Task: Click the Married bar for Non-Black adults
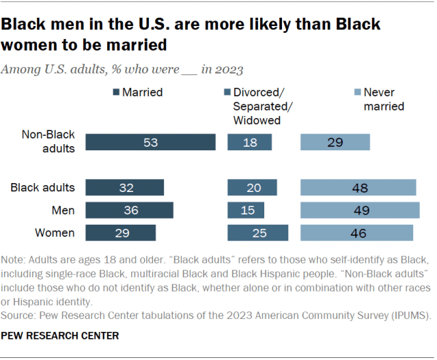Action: (150, 142)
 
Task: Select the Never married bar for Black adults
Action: (358, 188)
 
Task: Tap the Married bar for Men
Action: (130, 210)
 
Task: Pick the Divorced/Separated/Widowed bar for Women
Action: (257, 233)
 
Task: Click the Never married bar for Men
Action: (359, 210)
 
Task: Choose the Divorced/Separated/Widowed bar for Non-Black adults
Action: (249, 142)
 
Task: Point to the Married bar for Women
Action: (121, 233)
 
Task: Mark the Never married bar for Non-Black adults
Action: (335, 142)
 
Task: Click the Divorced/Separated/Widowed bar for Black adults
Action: (252, 188)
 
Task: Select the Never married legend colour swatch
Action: (357, 92)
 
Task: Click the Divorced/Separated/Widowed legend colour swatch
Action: (227, 92)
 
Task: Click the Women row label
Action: (55, 233)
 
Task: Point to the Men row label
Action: (62, 210)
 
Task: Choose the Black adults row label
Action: (43, 187)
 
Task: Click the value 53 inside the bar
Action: (150, 142)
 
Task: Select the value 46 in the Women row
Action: (357, 233)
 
